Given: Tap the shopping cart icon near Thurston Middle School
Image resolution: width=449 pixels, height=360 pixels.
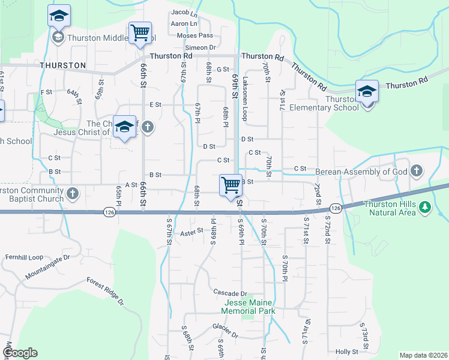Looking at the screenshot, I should (140, 32).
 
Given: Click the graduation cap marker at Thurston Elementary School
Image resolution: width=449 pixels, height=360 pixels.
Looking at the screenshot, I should (367, 91).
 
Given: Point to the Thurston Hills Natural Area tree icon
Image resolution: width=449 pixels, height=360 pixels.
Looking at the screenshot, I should (426, 207).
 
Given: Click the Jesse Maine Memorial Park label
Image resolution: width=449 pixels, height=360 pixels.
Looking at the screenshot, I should (248, 307).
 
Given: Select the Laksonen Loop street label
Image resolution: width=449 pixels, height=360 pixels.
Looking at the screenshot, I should (244, 103).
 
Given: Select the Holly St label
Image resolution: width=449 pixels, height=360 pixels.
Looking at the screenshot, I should (347, 352).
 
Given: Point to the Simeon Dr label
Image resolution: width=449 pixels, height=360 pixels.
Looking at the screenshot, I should (200, 47).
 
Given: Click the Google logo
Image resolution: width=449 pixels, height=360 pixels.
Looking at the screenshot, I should (20, 353).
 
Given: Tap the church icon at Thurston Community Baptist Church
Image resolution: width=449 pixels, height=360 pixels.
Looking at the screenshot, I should (72, 193).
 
